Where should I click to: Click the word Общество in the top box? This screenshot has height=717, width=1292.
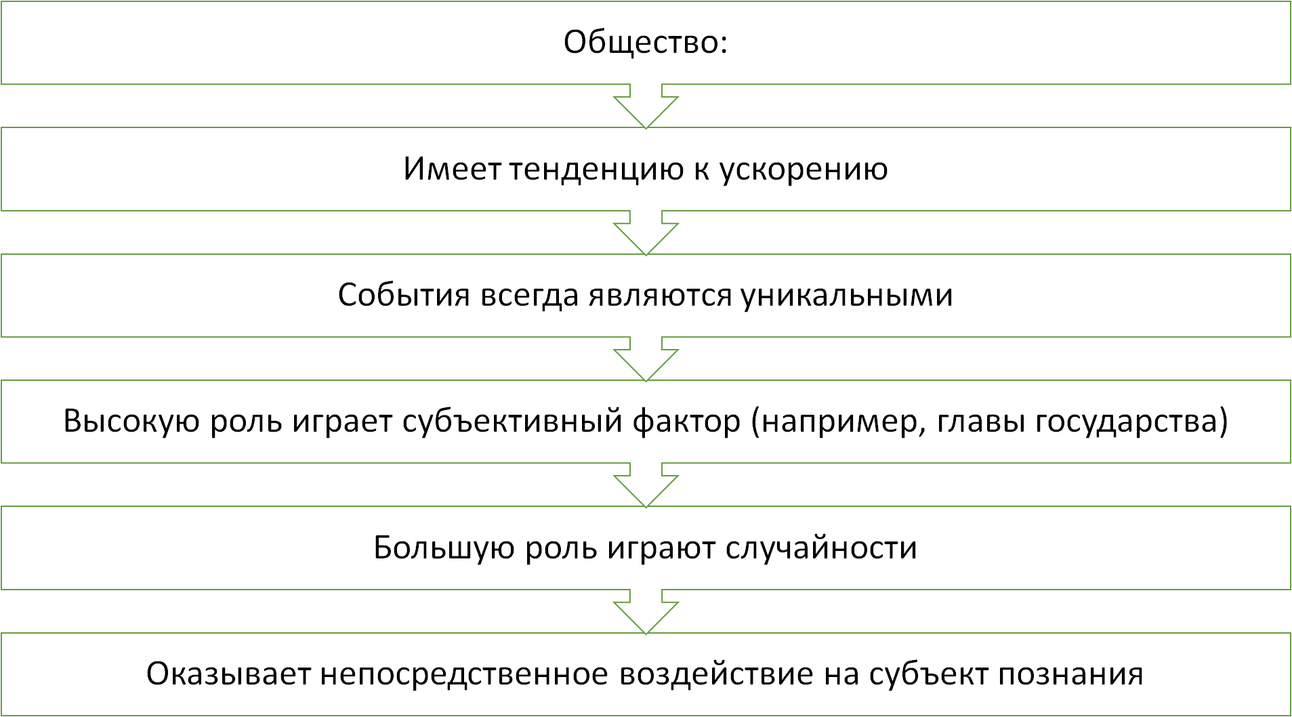pos(642,42)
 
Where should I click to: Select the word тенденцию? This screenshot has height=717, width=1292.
pos(596,169)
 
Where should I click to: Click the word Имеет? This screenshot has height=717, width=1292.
pos(452,169)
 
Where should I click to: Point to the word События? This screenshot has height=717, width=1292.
pos(404,295)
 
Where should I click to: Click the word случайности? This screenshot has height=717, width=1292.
pos(821,548)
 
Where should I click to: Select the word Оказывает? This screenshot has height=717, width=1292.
pos(228,674)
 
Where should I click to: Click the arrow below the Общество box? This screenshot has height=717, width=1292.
pos(646,106)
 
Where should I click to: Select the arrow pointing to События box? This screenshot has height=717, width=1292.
pos(646,233)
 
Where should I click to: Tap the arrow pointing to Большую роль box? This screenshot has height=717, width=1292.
pos(646,485)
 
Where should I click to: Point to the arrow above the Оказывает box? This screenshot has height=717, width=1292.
pos(646,612)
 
